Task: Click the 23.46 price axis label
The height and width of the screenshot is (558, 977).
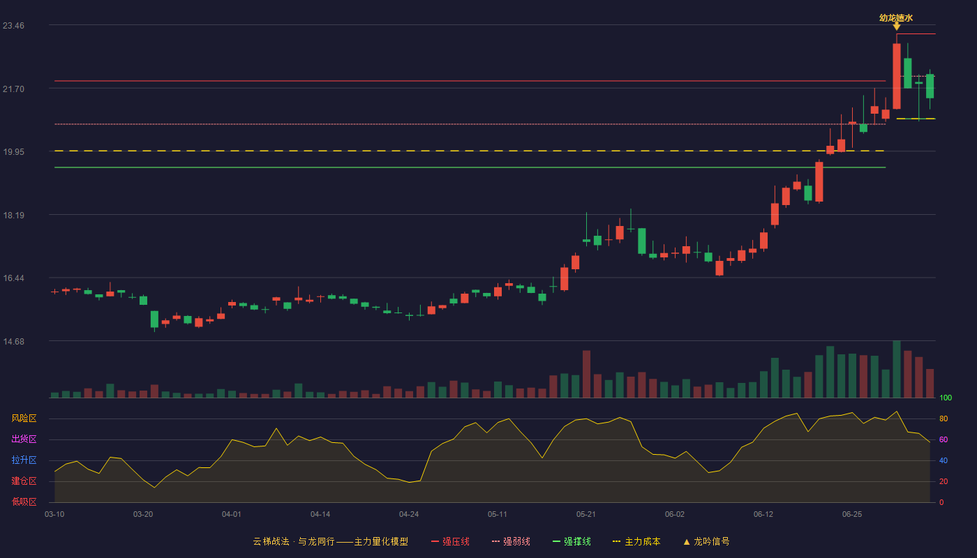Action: pos(13,26)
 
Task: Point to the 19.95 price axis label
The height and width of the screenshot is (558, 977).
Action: pos(13,152)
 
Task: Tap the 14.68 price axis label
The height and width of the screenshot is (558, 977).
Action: pos(13,342)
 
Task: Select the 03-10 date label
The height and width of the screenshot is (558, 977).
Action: pos(54,515)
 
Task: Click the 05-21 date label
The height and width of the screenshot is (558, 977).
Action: pos(586,515)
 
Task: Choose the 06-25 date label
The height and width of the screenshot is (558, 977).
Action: pos(852,515)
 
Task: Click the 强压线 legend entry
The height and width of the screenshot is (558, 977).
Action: pos(450,542)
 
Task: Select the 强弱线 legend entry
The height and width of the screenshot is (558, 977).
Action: pos(511,542)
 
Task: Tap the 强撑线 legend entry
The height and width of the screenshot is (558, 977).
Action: pos(572,542)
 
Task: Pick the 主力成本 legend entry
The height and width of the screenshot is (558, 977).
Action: pos(636,542)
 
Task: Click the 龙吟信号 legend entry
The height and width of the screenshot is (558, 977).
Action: pos(706,542)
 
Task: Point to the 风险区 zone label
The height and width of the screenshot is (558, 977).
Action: pos(24,418)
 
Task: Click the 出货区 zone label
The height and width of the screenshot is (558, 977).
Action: pos(24,439)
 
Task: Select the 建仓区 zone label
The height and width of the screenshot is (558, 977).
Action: pos(24,481)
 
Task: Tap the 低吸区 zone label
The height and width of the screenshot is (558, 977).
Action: pos(24,502)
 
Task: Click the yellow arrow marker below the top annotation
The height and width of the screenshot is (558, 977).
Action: pos(896,27)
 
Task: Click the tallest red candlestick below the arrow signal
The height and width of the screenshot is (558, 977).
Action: pos(896,76)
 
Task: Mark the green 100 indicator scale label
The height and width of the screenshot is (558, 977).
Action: pos(946,398)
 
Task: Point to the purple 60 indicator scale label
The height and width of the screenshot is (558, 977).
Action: pos(944,439)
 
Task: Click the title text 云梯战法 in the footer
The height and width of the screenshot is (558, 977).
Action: pos(271,542)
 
